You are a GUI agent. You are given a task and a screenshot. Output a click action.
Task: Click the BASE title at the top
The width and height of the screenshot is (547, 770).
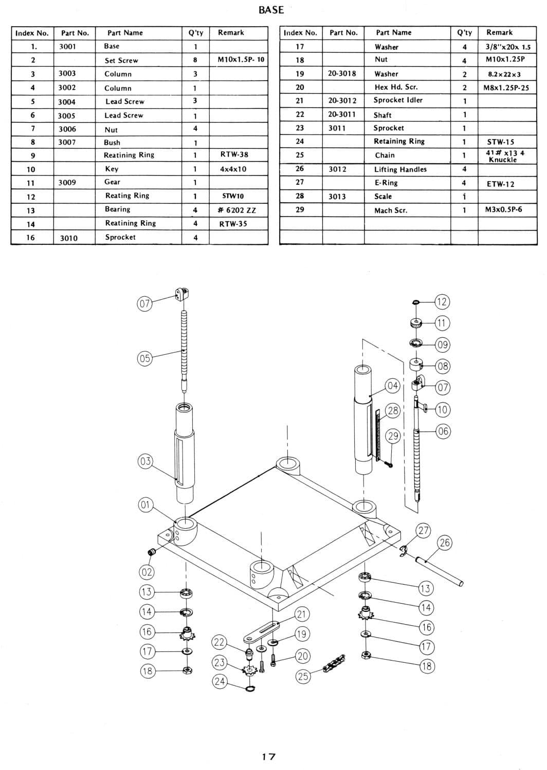pyautogui.click(x=271, y=10)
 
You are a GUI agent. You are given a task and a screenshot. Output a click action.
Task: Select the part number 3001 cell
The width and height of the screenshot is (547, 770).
pyautogui.click(x=67, y=46)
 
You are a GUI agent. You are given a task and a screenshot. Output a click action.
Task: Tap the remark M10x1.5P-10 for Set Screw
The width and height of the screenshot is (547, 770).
pyautogui.click(x=241, y=60)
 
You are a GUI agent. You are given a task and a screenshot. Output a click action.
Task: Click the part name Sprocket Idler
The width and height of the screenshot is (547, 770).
pyautogui.click(x=398, y=100)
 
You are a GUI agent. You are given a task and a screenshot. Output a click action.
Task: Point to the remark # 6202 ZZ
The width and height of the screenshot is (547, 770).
pyautogui.click(x=237, y=209)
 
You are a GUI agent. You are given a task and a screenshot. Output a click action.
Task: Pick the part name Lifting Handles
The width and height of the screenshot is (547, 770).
pyautogui.click(x=400, y=169)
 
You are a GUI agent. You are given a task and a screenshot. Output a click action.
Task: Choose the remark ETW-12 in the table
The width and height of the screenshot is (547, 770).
pyautogui.click(x=501, y=184)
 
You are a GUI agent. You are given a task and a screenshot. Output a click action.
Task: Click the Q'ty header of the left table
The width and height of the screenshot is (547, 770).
pyautogui.click(x=195, y=33)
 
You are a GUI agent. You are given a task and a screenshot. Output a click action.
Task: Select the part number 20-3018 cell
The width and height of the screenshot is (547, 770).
pyautogui.click(x=342, y=73)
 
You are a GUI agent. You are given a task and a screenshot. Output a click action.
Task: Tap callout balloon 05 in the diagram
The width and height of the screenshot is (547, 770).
pyautogui.click(x=144, y=358)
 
